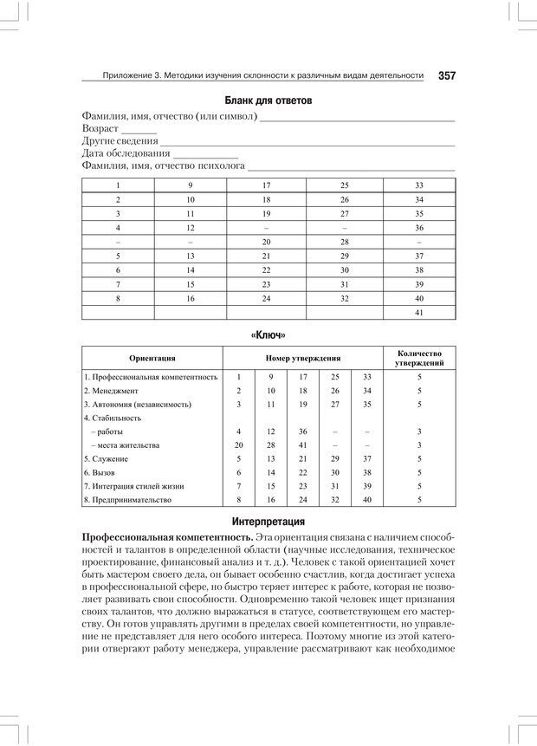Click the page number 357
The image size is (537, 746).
tap(447, 75)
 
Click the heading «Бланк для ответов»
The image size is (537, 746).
tap(268, 101)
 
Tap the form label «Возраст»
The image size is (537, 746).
tap(100, 128)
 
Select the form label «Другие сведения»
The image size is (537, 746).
tap(120, 140)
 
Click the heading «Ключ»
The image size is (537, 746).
tap(268, 334)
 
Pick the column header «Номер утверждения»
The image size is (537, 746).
tap(302, 358)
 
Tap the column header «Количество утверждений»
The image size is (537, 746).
tap(419, 358)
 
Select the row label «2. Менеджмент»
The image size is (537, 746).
tap(113, 391)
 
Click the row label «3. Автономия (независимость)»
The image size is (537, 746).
tap(138, 404)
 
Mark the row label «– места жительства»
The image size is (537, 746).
tap(125, 444)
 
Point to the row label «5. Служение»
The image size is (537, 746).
tap(107, 458)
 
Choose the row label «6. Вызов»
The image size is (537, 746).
tap(102, 472)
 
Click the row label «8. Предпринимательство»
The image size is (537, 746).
tap(128, 499)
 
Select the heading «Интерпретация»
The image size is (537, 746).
tap(268, 522)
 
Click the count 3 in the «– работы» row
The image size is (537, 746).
tap(419, 431)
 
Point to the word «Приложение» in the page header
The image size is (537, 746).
tap(127, 75)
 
